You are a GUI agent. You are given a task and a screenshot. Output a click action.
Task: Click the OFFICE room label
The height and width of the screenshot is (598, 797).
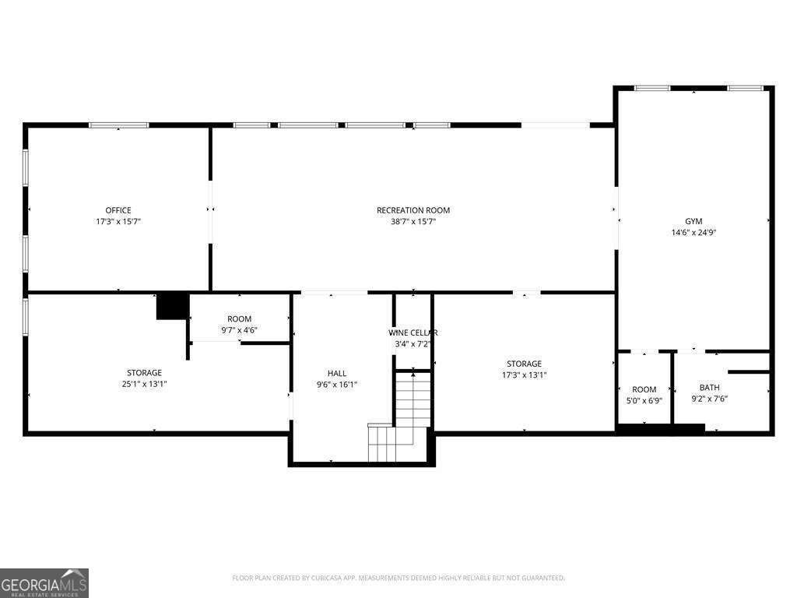[x=118, y=210]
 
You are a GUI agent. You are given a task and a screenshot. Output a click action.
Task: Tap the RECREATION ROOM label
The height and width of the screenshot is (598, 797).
[x=413, y=210]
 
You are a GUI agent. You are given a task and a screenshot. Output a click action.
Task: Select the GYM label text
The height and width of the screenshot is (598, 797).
[x=693, y=221]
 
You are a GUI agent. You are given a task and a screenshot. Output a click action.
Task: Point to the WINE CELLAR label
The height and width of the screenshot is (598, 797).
[x=413, y=332]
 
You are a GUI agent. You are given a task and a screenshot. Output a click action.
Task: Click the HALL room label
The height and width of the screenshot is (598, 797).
[x=337, y=373]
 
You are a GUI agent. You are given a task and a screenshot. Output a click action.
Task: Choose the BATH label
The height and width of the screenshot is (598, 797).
[x=709, y=387]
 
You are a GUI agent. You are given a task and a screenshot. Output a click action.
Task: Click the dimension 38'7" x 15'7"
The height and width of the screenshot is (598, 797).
[x=413, y=221]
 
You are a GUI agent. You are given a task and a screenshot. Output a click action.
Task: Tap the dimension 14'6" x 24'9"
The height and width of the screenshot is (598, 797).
[x=693, y=232]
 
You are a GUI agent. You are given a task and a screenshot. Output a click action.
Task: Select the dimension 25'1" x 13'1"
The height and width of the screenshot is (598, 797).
[x=145, y=383]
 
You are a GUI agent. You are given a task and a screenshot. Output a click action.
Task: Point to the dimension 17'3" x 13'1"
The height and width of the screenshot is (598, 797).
[x=524, y=375]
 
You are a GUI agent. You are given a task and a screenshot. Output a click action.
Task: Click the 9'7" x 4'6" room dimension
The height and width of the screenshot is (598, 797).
[x=239, y=329]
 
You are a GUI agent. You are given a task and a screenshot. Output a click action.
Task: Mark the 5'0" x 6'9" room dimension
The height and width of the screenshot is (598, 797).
[x=644, y=400]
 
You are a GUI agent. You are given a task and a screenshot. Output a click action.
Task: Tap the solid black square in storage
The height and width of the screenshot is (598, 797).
[x=173, y=306]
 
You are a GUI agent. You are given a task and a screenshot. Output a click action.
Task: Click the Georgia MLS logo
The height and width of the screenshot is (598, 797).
[x=44, y=582]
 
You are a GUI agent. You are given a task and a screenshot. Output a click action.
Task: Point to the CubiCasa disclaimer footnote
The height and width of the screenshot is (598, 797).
[x=398, y=578]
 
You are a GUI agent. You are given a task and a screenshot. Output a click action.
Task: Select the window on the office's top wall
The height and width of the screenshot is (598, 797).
[x=118, y=125]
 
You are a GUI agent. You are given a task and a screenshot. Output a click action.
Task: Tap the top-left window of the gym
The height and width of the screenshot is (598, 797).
[x=652, y=88]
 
